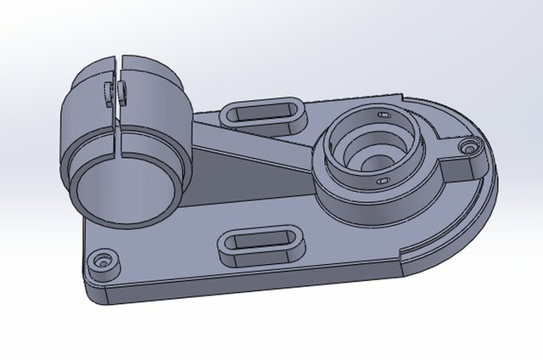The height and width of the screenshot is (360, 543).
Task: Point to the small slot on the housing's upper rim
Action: click(x=383, y=114)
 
